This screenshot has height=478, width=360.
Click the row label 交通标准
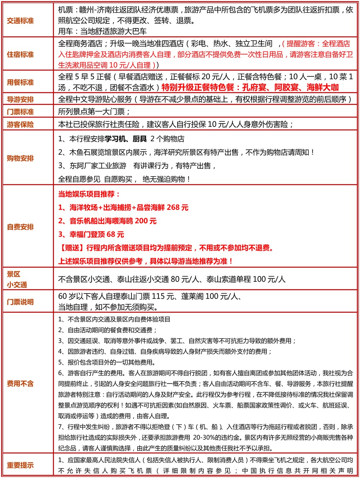[x=21, y=21]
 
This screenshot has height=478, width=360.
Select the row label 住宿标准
[x=21, y=54]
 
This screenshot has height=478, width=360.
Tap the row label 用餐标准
[x=21, y=82]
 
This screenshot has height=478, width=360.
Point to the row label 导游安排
[x=21, y=99]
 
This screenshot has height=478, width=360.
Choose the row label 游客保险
[x=21, y=125]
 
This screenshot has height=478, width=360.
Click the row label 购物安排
[x=21, y=158]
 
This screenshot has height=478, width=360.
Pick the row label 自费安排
[x=21, y=227]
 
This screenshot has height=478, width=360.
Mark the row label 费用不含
[x=21, y=384]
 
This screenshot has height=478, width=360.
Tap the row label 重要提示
[x=21, y=465]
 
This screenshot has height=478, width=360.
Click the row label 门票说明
[x=21, y=302]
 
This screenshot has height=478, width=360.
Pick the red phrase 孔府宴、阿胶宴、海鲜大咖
[x=290, y=88]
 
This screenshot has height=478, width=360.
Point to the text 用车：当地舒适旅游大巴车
[x=102, y=32]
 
